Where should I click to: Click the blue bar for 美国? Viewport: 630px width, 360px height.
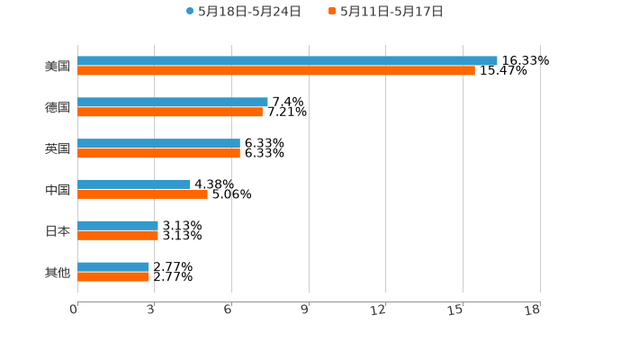pos(287,60)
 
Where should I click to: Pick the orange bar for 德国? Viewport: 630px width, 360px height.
pos(170,112)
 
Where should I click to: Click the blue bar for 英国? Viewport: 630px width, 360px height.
pos(158,143)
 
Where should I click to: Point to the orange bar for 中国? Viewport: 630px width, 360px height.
pos(142,193)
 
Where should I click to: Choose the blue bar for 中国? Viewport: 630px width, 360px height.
pos(134,184)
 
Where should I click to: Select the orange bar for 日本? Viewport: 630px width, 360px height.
pos(118,235)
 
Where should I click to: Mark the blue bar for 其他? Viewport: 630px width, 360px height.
pos(113,266)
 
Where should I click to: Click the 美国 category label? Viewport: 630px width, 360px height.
pos(58,66)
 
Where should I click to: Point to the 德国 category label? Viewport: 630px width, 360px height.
pos(58,107)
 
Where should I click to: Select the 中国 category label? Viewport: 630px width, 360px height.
pos(58,189)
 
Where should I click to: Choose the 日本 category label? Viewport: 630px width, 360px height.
pos(58,230)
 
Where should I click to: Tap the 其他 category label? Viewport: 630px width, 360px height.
pos(58,272)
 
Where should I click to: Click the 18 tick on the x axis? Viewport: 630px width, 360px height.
pos(533,310)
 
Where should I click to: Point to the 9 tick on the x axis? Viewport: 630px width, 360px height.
pos(304,310)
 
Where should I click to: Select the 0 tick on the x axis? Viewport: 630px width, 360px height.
pos(74,310)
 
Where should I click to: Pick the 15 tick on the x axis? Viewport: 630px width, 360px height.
pos(456,310)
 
